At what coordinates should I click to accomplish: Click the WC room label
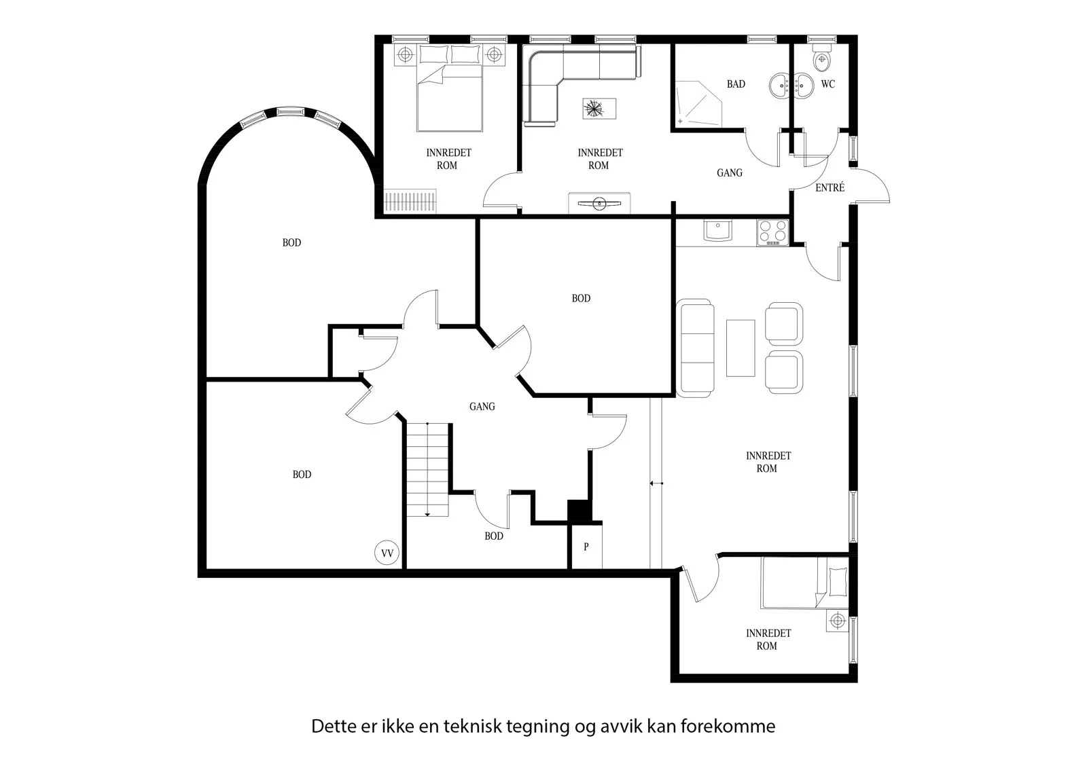(x=828, y=84)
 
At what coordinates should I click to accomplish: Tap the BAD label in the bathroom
(x=736, y=84)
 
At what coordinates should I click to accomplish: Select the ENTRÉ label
(x=830, y=187)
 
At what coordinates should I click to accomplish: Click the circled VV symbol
(x=387, y=553)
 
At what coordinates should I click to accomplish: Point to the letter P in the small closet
(x=586, y=547)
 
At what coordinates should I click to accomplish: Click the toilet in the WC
(x=821, y=58)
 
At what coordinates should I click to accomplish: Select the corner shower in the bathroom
(x=699, y=104)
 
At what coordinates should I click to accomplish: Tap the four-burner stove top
(x=772, y=233)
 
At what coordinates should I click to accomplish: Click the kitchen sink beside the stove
(x=718, y=231)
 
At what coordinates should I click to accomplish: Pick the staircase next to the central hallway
(x=427, y=470)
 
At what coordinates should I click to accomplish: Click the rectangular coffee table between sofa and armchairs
(x=741, y=348)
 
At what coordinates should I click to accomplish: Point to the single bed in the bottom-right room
(x=804, y=582)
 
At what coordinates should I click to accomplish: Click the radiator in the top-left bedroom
(x=410, y=201)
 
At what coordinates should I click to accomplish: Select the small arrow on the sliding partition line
(x=656, y=483)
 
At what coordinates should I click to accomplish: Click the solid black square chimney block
(x=580, y=511)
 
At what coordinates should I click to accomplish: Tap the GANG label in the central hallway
(x=482, y=407)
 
